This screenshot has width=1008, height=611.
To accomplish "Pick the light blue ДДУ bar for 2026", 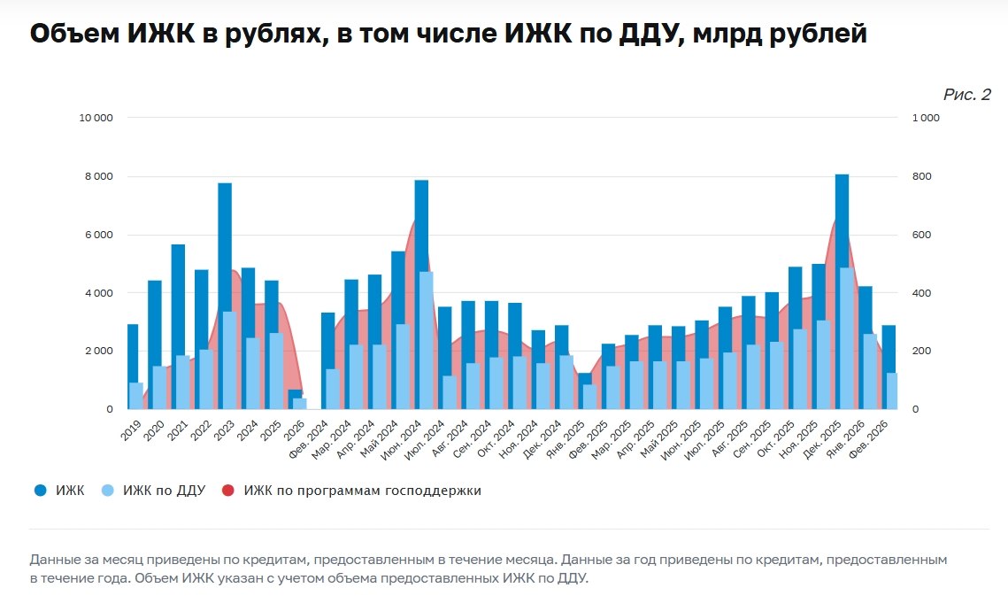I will click(x=300, y=404).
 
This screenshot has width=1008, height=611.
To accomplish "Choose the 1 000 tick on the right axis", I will click(x=927, y=118).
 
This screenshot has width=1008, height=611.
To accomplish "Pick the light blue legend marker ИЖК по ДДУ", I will click(x=107, y=491).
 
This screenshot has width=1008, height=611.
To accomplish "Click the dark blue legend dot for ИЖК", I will click(x=40, y=491).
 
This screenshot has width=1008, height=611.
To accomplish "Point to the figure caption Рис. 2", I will click(x=966, y=95).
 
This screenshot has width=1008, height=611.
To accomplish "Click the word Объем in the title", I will click(x=73, y=35).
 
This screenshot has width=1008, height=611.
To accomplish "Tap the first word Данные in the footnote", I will click(x=54, y=561).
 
